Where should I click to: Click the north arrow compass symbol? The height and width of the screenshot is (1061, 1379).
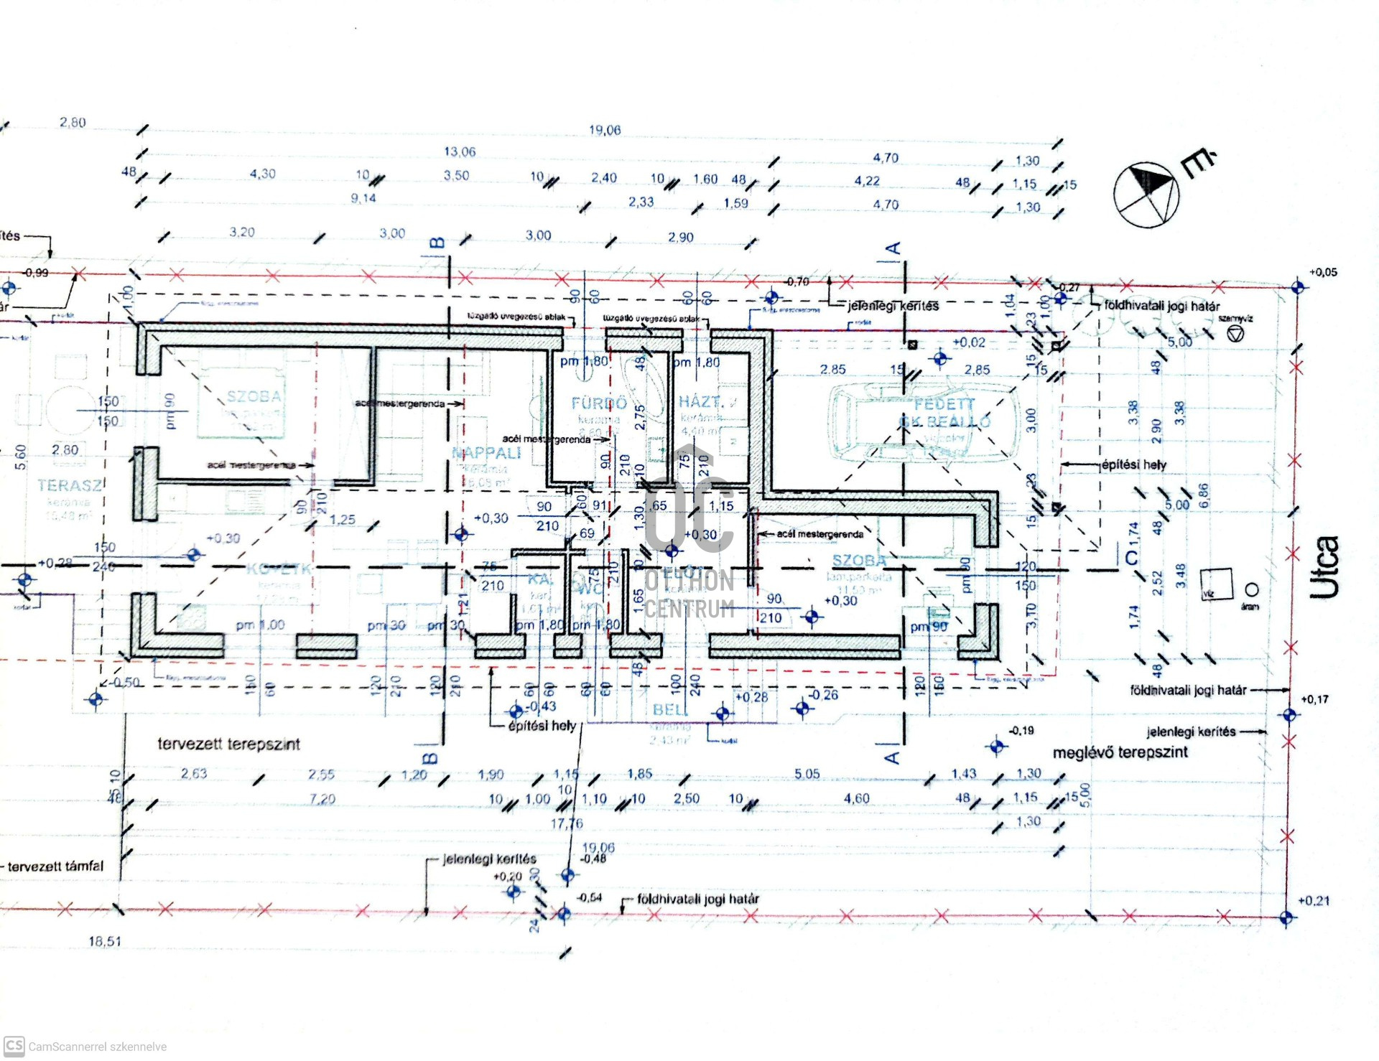pos(1146,194)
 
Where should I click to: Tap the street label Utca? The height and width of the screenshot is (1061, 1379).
pos(1324,567)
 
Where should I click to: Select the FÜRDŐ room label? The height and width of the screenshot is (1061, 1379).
pos(599,403)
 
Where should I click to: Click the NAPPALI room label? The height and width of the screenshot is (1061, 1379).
pos(486,453)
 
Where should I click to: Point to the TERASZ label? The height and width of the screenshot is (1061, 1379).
pos(70,485)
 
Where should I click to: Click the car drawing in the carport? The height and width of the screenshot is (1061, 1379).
pos(925,421)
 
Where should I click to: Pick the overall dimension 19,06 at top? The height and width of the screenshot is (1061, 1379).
pos(605,130)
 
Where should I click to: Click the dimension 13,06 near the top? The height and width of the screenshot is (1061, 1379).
pos(460,151)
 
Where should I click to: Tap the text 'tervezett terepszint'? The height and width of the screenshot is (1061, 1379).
pos(228,744)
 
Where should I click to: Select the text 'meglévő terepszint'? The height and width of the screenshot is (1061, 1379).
pos(1120,752)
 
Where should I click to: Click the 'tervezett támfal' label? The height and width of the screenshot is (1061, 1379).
pos(55,866)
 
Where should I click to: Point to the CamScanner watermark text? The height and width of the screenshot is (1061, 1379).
pos(97,1047)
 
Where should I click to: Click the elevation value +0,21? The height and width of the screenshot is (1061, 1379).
pos(1314,901)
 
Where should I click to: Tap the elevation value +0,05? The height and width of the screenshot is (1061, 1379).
pos(1323,272)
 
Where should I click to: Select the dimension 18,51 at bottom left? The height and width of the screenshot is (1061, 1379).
pos(105,941)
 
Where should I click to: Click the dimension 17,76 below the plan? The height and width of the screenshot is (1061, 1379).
pos(567,823)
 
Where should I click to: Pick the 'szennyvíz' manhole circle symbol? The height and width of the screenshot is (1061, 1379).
pos(1235,334)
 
